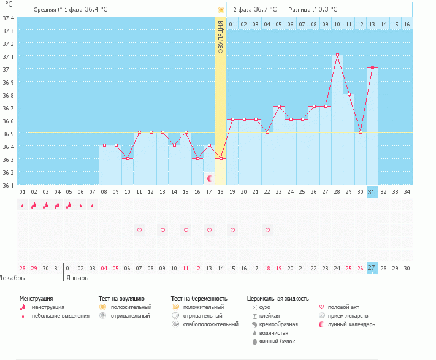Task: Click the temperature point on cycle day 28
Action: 337,55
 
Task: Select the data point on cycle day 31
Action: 372,68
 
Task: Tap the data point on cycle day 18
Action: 221,158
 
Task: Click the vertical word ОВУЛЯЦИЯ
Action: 221,37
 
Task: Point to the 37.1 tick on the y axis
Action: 8,56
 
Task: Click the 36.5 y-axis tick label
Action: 8,134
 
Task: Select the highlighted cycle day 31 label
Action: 372,192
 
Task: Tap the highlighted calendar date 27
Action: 372,268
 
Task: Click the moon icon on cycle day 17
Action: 210,178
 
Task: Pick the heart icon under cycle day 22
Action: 267,230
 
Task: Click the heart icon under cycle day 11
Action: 140,230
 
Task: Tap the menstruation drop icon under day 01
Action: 23,205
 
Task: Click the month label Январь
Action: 77,278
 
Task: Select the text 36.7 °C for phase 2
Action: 266,9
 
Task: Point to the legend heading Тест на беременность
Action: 199,299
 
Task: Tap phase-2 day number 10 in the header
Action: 337,25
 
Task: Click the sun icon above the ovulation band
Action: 221,10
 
